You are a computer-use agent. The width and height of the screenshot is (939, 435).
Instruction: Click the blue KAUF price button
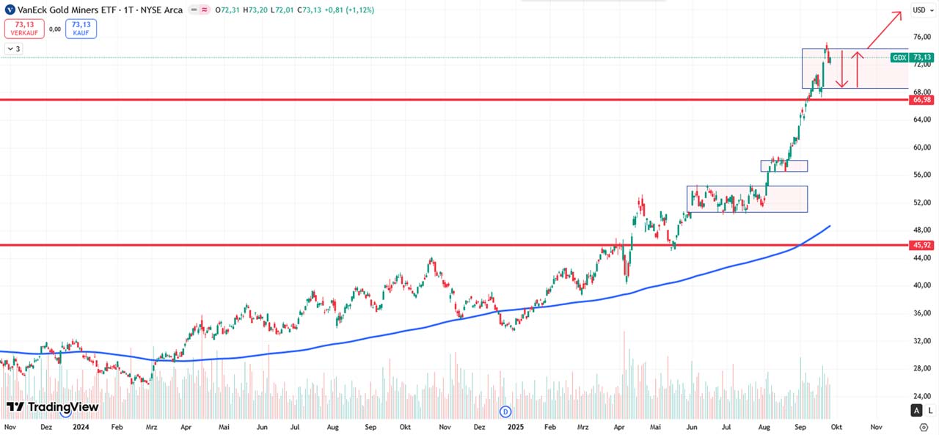click(x=81, y=29)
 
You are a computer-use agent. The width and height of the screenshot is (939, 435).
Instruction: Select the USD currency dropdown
click(x=920, y=10)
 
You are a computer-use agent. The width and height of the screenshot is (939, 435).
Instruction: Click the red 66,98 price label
click(x=921, y=100)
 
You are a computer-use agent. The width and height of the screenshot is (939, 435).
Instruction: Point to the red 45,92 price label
click(x=921, y=245)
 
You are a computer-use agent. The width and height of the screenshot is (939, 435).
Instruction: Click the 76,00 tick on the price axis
click(x=921, y=37)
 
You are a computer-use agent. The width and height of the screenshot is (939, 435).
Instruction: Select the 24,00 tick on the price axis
click(x=921, y=396)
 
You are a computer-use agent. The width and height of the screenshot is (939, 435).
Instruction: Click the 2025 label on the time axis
click(x=516, y=426)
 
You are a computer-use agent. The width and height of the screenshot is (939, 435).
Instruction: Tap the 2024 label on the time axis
click(x=81, y=426)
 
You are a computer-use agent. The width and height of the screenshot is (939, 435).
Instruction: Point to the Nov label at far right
click(x=876, y=426)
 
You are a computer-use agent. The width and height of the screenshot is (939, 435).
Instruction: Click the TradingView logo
click(x=52, y=407)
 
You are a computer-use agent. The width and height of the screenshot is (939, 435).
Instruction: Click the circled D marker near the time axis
click(x=505, y=412)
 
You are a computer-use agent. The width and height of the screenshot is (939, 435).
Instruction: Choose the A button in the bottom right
click(x=916, y=410)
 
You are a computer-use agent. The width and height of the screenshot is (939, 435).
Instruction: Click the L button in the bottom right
click(x=930, y=410)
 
